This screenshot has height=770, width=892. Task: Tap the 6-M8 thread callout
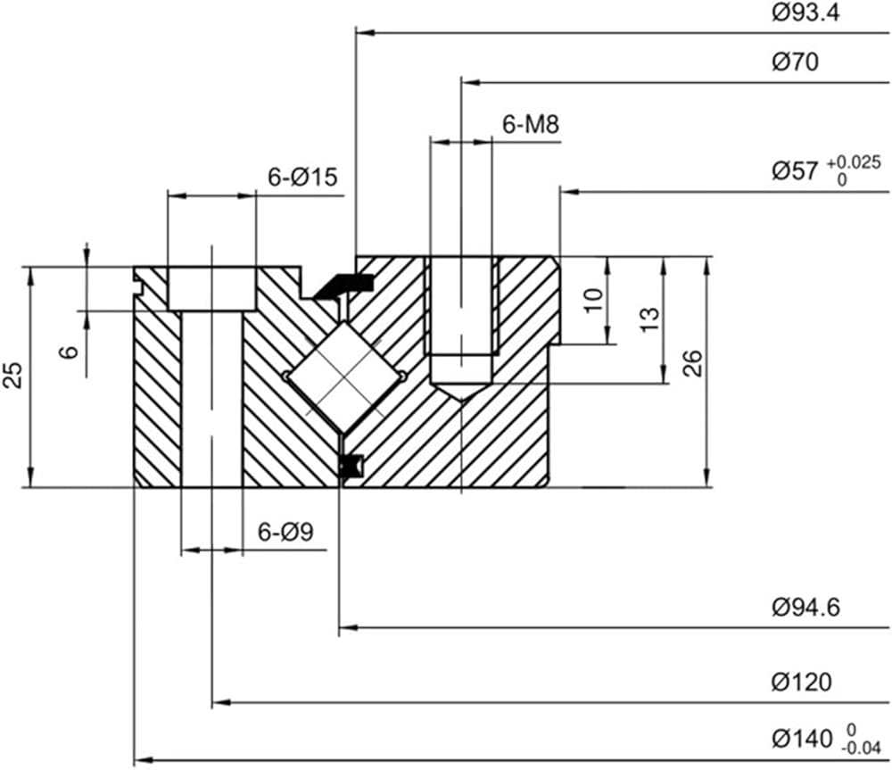point(531,125)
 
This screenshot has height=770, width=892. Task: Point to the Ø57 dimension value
point(795,171)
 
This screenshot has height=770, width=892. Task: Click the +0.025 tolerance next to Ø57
point(854,162)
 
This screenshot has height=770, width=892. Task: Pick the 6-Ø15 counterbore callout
point(303,178)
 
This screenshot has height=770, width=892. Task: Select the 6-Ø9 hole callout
point(285,533)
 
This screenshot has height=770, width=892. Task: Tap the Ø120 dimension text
point(801,683)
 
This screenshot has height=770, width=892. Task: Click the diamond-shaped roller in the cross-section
point(343,376)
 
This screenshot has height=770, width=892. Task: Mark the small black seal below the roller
point(349,465)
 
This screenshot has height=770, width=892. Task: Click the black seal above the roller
point(344,285)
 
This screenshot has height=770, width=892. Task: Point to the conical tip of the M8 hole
point(461,393)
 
